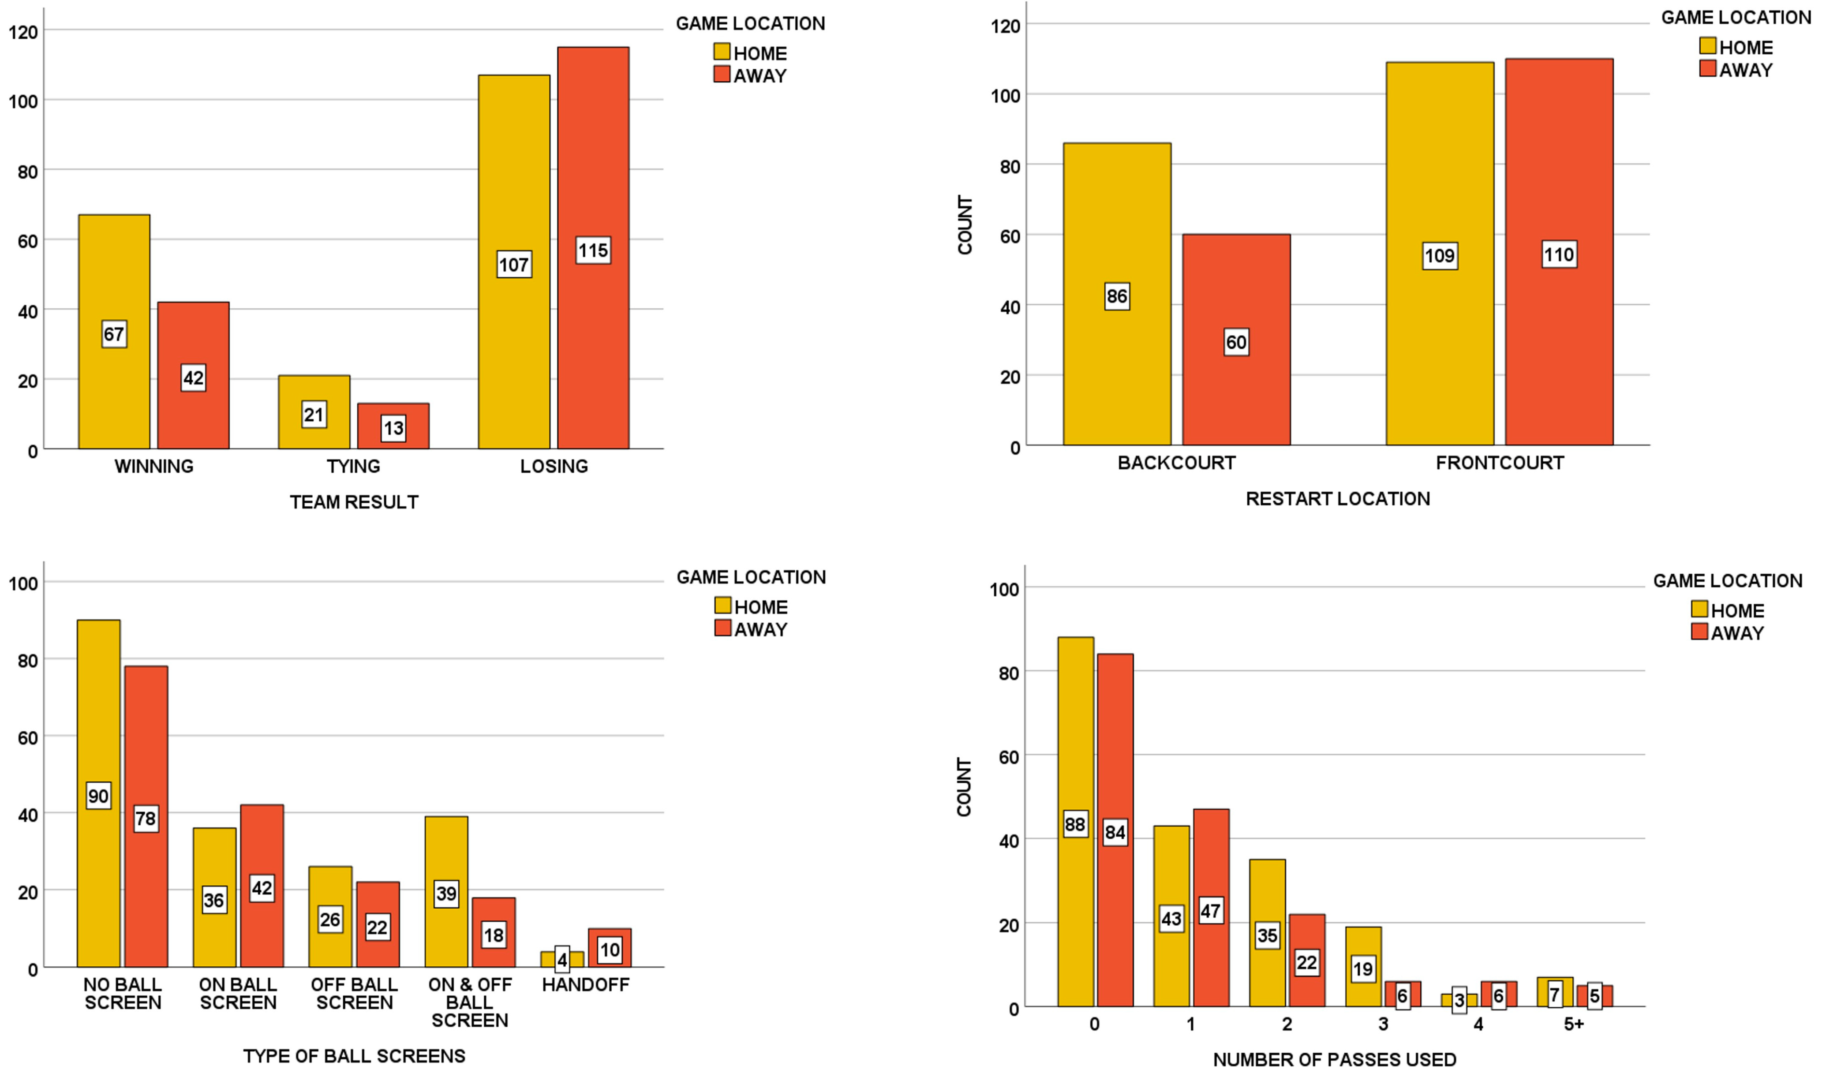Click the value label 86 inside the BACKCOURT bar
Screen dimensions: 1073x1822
point(1117,296)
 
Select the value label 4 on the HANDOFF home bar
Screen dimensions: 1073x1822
point(562,960)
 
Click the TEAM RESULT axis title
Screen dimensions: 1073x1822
point(354,502)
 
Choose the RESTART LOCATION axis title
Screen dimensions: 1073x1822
point(1338,499)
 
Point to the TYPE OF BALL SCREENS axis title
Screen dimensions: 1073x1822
point(354,1056)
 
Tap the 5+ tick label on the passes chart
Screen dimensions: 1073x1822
point(1574,1024)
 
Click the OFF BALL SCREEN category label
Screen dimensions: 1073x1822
point(354,994)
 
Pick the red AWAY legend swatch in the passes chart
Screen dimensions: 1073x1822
point(1699,632)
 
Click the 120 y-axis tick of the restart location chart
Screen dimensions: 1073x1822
point(1006,26)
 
